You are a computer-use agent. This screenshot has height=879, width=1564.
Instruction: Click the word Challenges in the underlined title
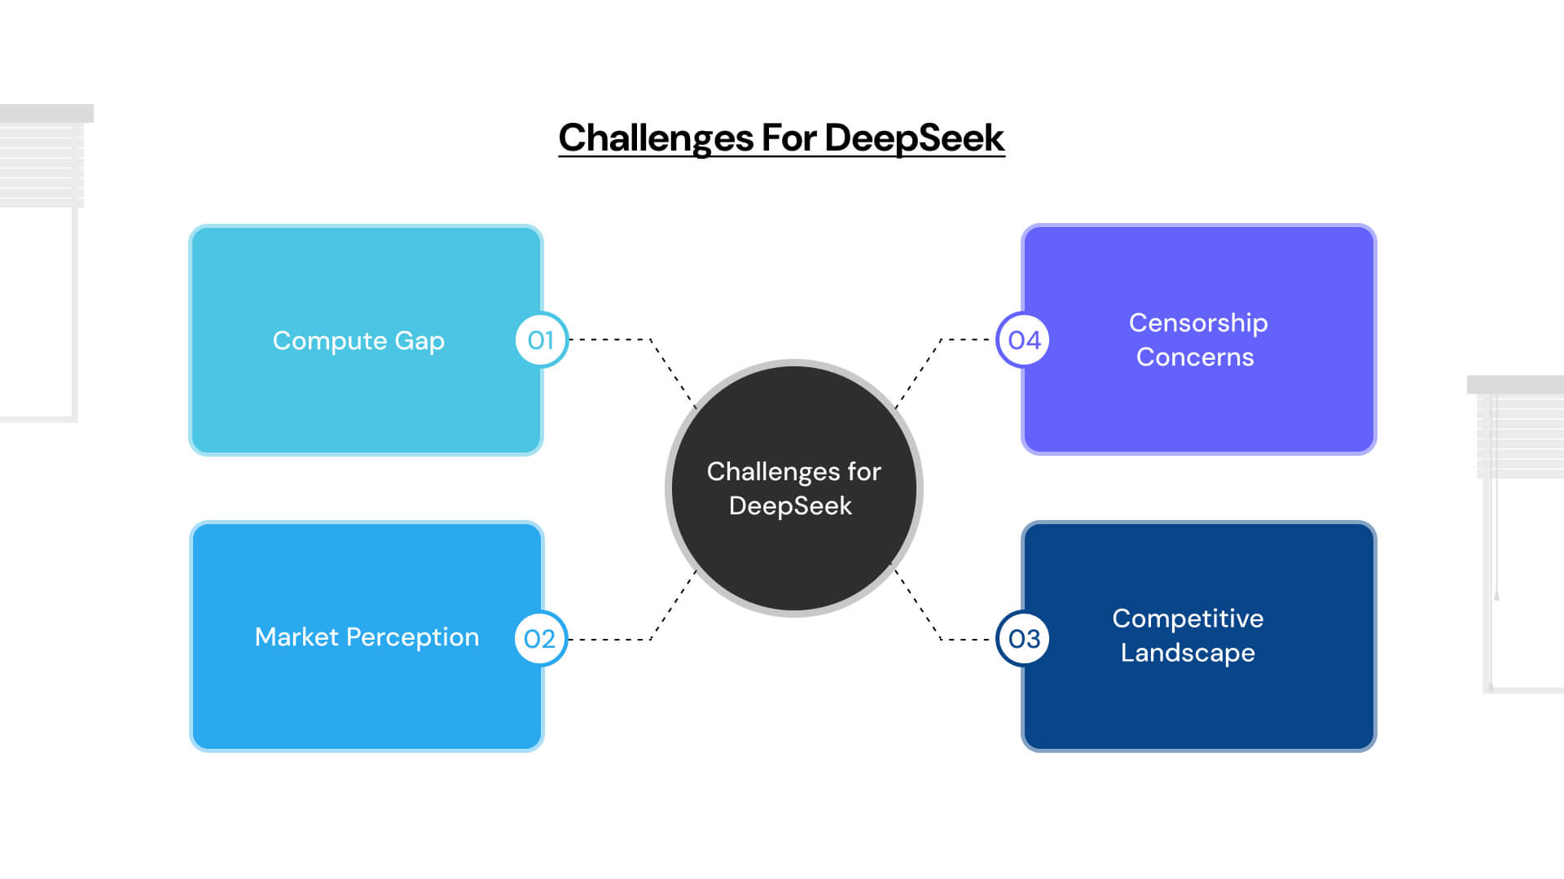(x=656, y=138)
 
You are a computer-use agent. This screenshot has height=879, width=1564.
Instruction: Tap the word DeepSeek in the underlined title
(x=914, y=138)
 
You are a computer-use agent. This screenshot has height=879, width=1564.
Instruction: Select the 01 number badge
(x=541, y=340)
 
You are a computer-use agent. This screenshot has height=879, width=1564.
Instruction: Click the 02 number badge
(x=540, y=639)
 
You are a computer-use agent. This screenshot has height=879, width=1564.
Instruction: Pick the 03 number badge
(x=1024, y=639)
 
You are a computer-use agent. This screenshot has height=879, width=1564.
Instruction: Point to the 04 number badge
(x=1024, y=340)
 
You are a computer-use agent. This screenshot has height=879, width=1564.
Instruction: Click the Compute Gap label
(x=358, y=340)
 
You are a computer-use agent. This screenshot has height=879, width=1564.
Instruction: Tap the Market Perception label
(x=367, y=636)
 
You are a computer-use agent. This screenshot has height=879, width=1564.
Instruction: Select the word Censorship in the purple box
(x=1197, y=323)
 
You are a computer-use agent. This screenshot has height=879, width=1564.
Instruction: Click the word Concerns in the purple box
(x=1194, y=357)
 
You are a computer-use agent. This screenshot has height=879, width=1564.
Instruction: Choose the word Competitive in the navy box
(x=1188, y=619)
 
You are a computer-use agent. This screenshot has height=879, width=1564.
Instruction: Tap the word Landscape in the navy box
(x=1188, y=653)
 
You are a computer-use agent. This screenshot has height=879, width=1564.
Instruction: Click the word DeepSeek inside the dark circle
(x=790, y=506)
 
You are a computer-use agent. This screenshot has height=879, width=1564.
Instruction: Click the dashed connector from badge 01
(x=611, y=339)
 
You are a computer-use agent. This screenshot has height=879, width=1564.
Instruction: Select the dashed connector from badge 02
(x=611, y=640)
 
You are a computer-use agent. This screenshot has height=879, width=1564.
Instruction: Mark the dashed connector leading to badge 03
(x=965, y=640)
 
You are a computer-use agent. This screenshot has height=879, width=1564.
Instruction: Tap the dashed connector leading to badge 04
(x=965, y=339)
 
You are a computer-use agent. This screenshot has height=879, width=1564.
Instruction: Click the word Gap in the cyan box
(x=420, y=341)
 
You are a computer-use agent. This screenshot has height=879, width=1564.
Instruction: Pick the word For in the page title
(x=789, y=138)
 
